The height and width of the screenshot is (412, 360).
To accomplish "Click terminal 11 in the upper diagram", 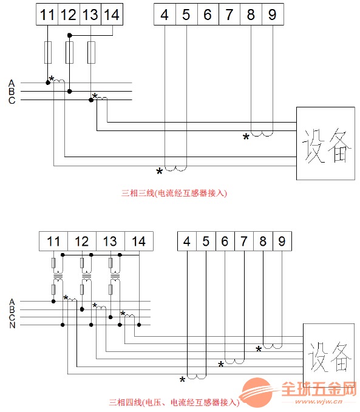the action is click(x=47, y=14).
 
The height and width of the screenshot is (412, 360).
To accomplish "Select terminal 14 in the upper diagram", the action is click(x=112, y=14).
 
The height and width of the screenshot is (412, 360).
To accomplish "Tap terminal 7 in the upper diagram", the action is click(x=229, y=14).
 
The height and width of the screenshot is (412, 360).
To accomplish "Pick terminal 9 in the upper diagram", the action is click(x=273, y=14).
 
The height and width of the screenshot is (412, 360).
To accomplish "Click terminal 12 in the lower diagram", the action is click(x=82, y=241).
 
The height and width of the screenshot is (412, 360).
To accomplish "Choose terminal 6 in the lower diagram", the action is click(x=225, y=241).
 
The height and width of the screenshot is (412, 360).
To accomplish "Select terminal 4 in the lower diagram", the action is click(x=187, y=241).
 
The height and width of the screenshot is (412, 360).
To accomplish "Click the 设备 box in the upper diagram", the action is click(x=325, y=143).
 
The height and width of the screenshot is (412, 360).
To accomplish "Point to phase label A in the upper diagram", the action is click(x=12, y=83).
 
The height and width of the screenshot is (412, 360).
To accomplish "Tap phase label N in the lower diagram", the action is click(x=12, y=325).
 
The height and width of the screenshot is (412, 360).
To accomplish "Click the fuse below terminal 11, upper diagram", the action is click(x=48, y=52).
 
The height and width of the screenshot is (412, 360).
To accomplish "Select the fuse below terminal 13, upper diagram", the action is click(x=91, y=52).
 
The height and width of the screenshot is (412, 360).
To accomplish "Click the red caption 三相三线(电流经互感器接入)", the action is click(x=174, y=194).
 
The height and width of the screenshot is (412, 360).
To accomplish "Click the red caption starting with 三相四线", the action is click(x=174, y=402).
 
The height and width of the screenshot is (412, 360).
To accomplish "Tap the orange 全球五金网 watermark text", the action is click(x=319, y=389).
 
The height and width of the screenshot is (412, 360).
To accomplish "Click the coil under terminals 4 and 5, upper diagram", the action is click(x=175, y=169).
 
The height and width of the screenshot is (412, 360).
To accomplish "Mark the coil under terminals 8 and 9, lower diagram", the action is click(x=273, y=346).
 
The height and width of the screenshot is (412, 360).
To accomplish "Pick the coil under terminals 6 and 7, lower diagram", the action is click(x=234, y=362).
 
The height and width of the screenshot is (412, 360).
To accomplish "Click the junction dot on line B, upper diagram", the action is click(x=69, y=92).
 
